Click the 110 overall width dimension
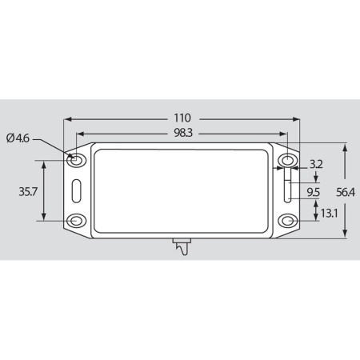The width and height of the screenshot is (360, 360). tap(182, 118)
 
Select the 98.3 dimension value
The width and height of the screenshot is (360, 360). tap(183, 133)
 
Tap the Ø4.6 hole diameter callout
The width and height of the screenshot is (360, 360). tap(18, 138)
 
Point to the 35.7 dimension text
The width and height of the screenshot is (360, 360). tap(28, 191)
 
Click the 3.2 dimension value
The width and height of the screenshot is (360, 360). tap(316, 164)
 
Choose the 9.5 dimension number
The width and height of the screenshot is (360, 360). tap(313, 192)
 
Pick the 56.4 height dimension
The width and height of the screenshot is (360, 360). tap(346, 192)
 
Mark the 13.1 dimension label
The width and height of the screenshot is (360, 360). tap(329, 213)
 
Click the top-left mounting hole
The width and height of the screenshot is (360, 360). tap(77, 161)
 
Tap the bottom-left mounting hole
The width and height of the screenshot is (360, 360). tap(77, 221)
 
